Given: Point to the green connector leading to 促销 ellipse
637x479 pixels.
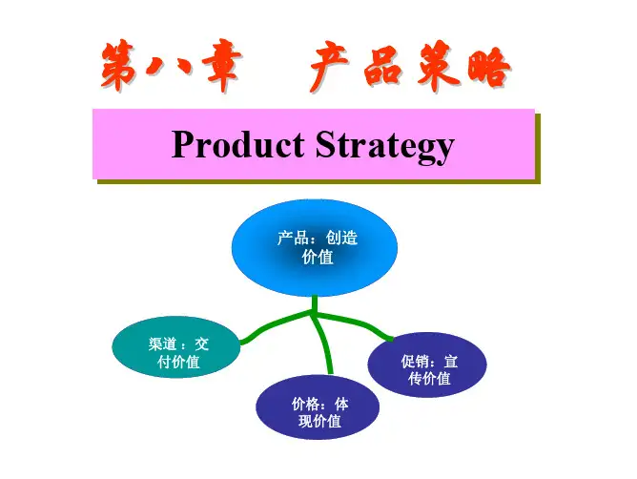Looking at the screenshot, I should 358,323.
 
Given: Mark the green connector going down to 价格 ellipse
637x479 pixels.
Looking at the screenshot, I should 324,348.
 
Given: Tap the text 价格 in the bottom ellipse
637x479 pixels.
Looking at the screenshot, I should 305,404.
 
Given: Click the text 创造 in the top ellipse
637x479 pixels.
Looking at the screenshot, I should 342,239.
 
